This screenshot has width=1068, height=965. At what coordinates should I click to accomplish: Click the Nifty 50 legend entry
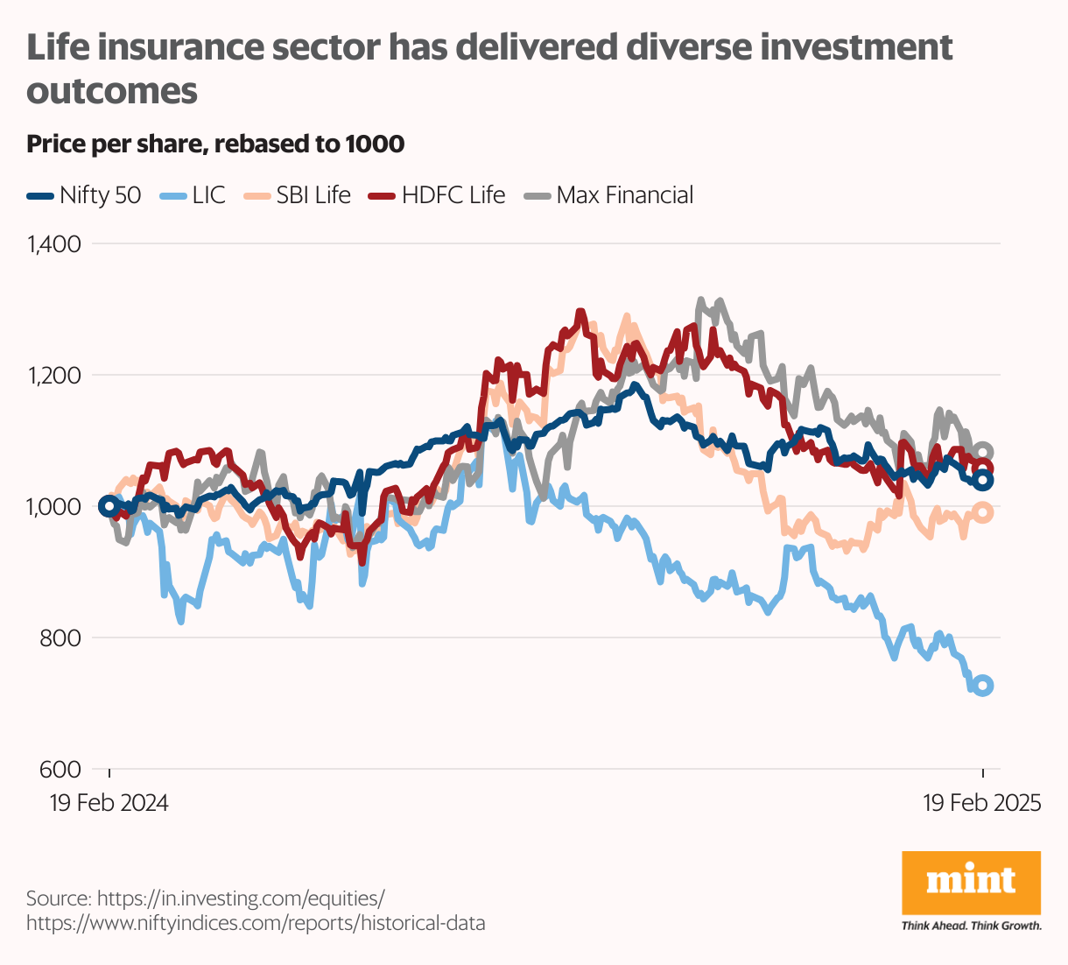coord(84,195)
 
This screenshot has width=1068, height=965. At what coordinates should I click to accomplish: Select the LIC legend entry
coord(193,195)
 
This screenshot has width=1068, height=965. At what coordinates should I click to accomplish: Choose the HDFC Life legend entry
coord(437,195)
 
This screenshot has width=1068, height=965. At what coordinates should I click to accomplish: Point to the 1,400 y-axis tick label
coord(54,244)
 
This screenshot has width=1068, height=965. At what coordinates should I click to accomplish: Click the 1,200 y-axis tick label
coord(54,376)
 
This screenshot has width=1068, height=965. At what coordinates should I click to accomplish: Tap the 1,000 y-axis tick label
coord(54,507)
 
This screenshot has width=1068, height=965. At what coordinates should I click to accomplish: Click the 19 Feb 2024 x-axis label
coord(109,803)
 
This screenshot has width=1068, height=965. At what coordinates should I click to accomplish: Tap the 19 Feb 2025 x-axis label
coord(982,803)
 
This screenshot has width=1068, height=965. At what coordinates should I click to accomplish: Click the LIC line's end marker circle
coord(983,686)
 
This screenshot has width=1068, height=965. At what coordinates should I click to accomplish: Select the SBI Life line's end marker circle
coord(983,513)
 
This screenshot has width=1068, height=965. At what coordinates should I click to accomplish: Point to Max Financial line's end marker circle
coord(983,452)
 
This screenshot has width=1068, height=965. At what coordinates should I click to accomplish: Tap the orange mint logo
coord(971,883)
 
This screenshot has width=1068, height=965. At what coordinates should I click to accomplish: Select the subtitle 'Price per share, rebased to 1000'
coord(215,144)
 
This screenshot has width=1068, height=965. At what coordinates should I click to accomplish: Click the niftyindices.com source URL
coord(256,923)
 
